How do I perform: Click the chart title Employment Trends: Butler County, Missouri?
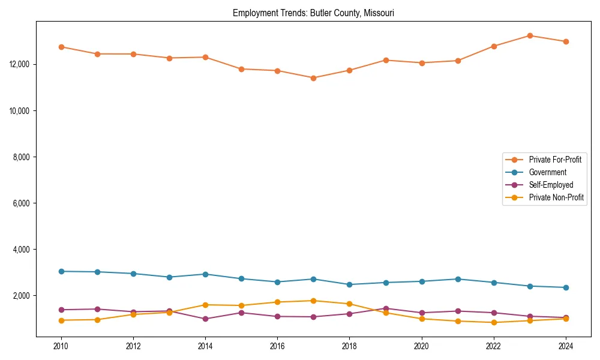(313, 13)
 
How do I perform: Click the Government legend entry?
(547, 172)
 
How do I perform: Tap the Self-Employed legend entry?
(551, 185)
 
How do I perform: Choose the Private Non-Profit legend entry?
(556, 197)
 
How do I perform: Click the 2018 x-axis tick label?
(349, 346)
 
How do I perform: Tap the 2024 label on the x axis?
(565, 346)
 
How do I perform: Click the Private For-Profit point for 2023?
(530, 35)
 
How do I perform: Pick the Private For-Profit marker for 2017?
(313, 78)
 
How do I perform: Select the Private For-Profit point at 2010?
(61, 47)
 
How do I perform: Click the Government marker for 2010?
(61, 271)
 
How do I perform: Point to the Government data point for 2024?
(565, 287)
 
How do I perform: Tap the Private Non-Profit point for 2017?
(313, 301)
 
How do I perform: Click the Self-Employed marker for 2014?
(205, 319)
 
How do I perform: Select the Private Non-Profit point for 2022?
(494, 322)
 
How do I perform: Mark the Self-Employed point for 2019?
(385, 308)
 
